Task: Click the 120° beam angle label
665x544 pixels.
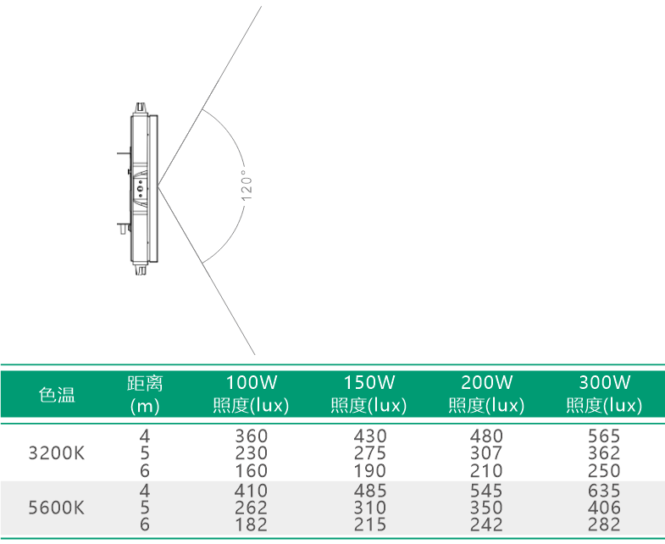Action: [247, 186]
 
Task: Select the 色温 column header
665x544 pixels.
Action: [57, 394]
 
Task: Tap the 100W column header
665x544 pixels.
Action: [251, 394]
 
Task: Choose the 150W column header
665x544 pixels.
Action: [369, 394]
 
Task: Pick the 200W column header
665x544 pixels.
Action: [487, 394]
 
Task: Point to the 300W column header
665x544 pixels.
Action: [605, 394]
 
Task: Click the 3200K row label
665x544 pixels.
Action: [57, 453]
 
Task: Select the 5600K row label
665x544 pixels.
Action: [57, 508]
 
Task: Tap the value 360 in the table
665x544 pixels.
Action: [252, 436]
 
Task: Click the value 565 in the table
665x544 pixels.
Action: [604, 436]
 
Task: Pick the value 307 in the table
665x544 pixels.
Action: [486, 453]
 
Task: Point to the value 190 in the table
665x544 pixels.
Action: [370, 470]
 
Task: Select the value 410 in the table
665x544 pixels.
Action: [251, 491]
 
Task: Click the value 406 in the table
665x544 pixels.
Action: [604, 508]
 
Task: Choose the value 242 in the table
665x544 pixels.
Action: [486, 525]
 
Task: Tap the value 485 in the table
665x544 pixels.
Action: [370, 491]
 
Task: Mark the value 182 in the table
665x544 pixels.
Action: [252, 525]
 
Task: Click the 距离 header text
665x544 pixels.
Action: [145, 383]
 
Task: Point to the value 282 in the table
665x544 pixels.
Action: [604, 525]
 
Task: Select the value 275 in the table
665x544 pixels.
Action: [370, 453]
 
